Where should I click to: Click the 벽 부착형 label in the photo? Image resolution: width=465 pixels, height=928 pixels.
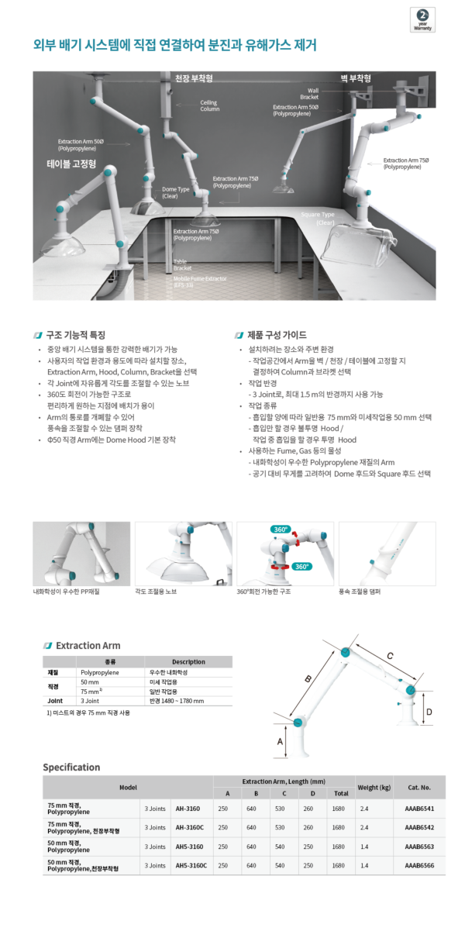click(356, 78)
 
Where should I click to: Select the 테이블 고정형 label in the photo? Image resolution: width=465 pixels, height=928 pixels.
click(71, 164)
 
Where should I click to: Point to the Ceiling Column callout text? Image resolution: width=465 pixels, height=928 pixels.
click(209, 105)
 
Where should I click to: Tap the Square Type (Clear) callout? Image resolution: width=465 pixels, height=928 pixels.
click(317, 219)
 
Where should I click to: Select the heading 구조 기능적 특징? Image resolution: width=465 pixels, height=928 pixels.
click(75, 336)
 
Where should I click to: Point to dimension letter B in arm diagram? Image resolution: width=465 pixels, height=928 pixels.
click(308, 678)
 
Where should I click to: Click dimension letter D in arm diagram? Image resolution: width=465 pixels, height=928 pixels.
click(429, 711)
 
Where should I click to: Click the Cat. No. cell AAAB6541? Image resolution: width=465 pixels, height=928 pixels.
click(419, 808)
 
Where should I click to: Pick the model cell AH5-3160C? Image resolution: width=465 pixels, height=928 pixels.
click(187, 865)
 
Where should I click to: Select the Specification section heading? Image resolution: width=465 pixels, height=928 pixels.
click(71, 767)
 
